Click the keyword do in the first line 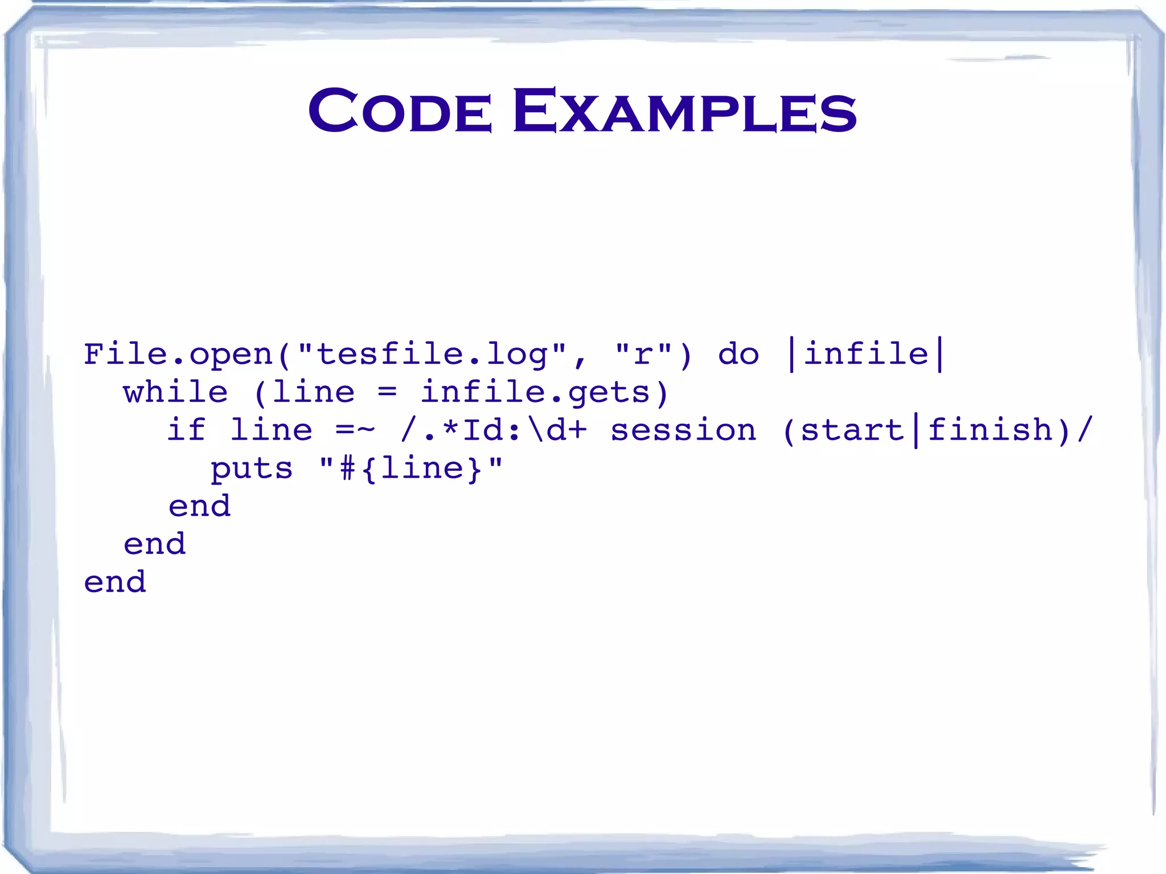[x=738, y=354]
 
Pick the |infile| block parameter [x=866, y=354]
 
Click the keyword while [x=175, y=392]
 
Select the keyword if [x=186, y=430]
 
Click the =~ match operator [x=355, y=430]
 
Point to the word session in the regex [x=683, y=430]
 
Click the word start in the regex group [x=852, y=430]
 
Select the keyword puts [x=251, y=469]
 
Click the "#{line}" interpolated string [x=411, y=468]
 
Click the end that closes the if [x=199, y=506]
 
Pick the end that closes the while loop [x=154, y=544]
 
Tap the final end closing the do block [x=114, y=582]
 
